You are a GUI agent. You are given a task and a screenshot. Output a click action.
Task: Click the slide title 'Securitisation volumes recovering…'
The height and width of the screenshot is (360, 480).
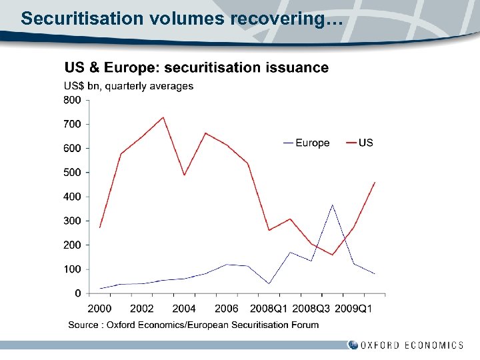(x=181, y=18)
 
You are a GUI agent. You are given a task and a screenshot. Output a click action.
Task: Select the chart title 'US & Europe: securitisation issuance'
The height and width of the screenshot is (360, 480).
(x=196, y=67)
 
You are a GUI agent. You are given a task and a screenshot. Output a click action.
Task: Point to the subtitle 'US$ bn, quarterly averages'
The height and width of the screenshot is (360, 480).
(x=128, y=86)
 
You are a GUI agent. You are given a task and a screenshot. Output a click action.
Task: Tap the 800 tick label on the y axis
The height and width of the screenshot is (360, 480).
(x=72, y=100)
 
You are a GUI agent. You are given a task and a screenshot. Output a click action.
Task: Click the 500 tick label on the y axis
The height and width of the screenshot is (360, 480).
(x=72, y=173)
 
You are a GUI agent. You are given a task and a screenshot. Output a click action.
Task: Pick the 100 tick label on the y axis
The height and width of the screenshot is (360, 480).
(x=72, y=269)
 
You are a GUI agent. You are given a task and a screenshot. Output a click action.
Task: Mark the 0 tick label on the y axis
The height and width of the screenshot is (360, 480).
(x=78, y=293)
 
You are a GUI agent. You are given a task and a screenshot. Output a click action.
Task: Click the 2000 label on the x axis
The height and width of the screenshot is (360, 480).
(x=99, y=309)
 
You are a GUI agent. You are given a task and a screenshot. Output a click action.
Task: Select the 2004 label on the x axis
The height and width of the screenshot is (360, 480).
(x=184, y=309)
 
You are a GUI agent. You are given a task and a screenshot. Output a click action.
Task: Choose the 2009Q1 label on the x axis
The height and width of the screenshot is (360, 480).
(x=353, y=309)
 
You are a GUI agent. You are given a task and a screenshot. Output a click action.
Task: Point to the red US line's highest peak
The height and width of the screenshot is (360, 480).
(x=163, y=117)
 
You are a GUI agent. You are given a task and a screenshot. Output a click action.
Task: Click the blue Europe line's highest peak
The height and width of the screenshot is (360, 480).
(x=332, y=205)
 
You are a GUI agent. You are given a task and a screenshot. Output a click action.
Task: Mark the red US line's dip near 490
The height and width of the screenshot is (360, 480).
(x=184, y=175)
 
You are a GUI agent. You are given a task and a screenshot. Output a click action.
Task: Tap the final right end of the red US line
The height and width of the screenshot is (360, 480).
(x=375, y=182)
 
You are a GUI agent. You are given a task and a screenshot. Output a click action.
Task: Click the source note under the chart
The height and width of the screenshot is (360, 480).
(x=193, y=325)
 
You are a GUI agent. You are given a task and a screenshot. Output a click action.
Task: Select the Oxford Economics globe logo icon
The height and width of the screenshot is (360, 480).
(x=353, y=345)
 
